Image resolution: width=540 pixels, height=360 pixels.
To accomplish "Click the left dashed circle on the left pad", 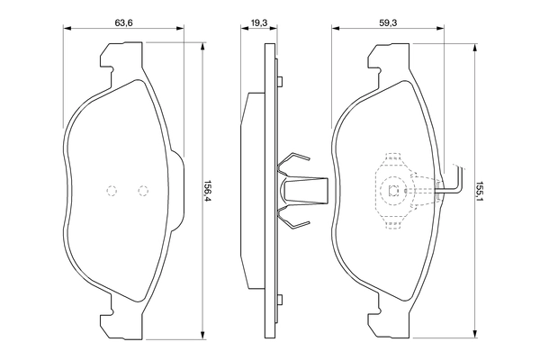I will click(x=112, y=190).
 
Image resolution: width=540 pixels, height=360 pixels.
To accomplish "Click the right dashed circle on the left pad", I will click(x=142, y=190).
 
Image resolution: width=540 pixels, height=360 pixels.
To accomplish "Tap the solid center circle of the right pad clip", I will click(x=393, y=189).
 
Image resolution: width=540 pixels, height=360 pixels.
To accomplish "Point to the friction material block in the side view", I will click(x=251, y=189).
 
